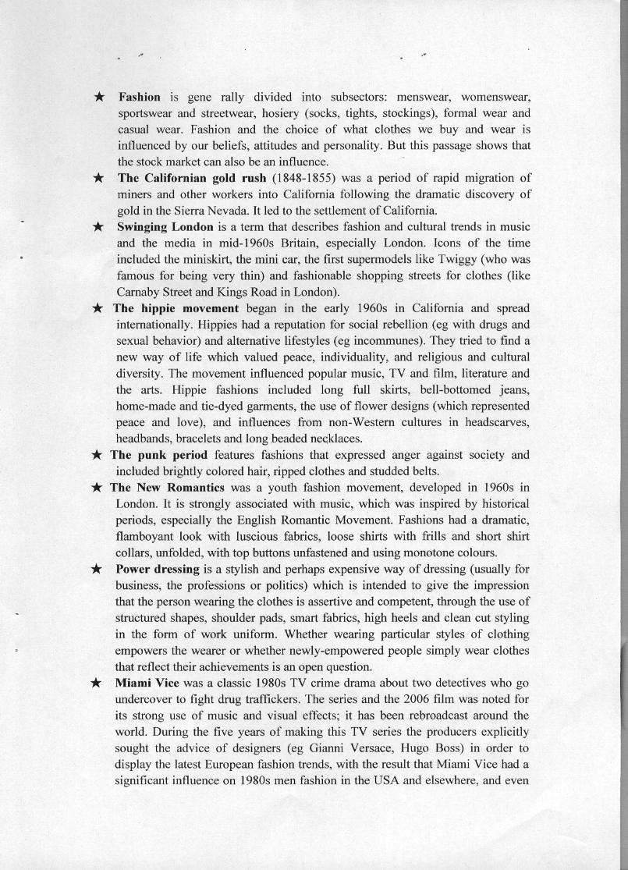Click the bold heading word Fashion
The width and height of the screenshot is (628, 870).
click(139, 98)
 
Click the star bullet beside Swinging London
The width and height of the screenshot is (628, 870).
click(98, 227)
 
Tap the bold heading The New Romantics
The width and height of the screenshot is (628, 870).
click(167, 488)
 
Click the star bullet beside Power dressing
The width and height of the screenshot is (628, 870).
click(98, 570)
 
